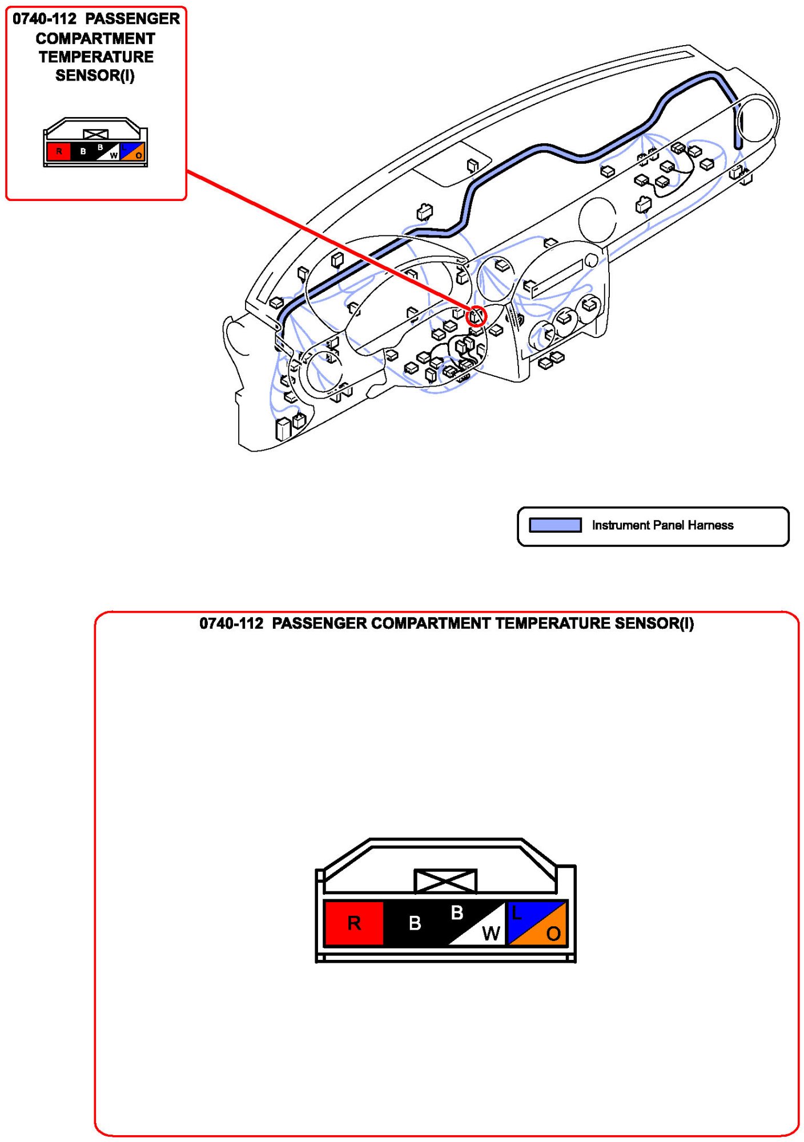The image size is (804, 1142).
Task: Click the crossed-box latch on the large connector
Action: (445, 881)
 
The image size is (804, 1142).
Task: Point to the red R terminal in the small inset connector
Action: (58, 152)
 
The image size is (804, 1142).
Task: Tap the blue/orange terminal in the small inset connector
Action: (132, 152)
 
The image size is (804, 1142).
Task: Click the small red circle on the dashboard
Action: (476, 316)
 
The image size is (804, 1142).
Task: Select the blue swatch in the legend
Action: (555, 525)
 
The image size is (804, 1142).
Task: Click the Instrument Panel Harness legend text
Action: (662, 525)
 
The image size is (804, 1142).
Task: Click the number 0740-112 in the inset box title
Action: (45, 19)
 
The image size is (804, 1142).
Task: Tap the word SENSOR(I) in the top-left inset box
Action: (95, 75)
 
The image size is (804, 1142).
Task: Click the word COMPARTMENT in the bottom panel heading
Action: (431, 624)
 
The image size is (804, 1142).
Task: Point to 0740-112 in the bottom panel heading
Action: (231, 624)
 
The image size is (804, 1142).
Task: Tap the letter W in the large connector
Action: (491, 934)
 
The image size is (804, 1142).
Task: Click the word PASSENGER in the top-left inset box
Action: (132, 19)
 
